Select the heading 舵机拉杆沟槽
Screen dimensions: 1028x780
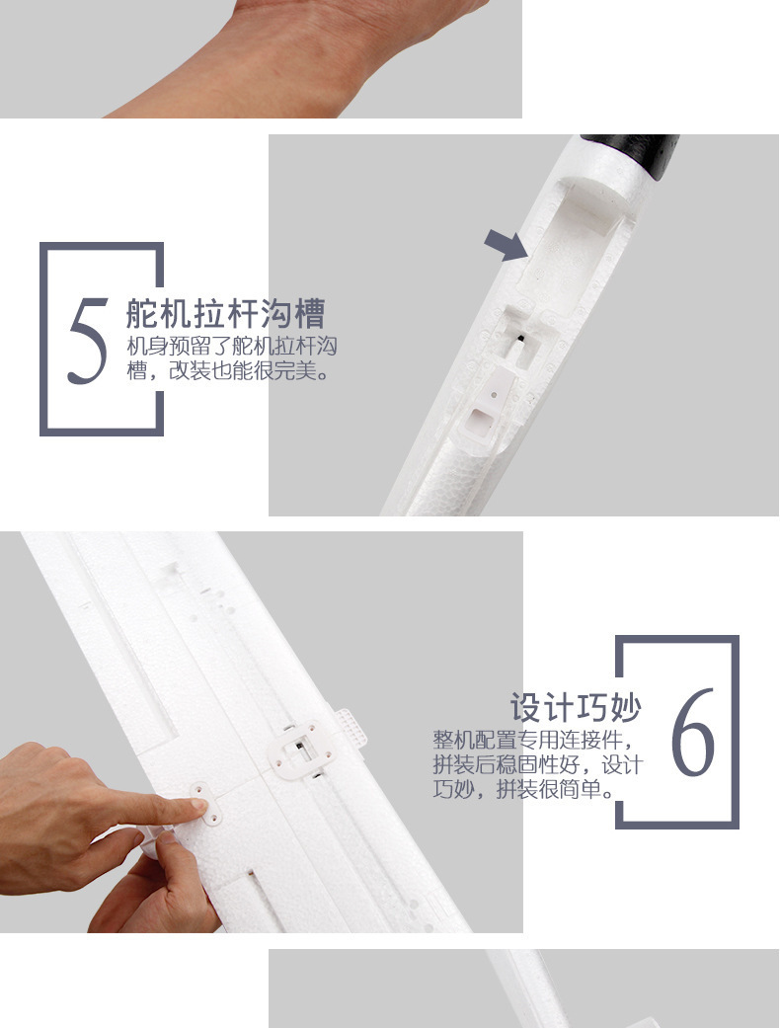pyautogui.click(x=225, y=314)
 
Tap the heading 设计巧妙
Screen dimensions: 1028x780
pyautogui.click(x=576, y=707)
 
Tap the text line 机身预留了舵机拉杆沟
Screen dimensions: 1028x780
pyautogui.click(x=233, y=347)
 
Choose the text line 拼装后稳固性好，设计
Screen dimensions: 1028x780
pyautogui.click(x=537, y=765)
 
